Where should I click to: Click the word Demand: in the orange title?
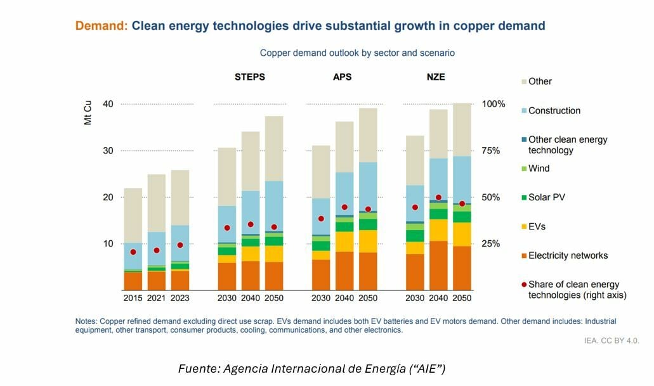[101, 26]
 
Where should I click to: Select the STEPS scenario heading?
[250, 77]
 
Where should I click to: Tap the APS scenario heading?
[342, 77]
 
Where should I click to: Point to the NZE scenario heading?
[436, 77]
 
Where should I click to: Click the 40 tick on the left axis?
[107, 104]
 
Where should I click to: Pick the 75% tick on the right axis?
[492, 151]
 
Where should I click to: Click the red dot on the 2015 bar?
[133, 252]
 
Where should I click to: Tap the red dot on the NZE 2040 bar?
[438, 198]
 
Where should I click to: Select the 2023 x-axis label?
[180, 298]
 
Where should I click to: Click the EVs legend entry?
[536, 226]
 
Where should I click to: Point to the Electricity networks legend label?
[568, 255]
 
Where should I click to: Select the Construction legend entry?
[554, 110]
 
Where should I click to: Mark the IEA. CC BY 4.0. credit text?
[611, 340]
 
